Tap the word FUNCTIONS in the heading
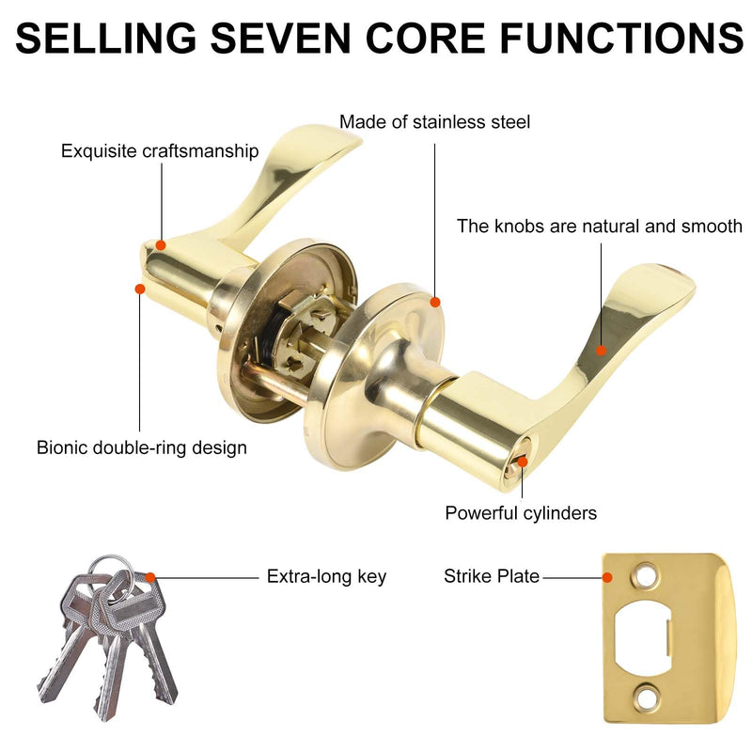coord(622,38)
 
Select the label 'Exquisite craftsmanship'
coord(160,151)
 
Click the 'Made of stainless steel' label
coord(434,122)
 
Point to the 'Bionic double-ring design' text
coord(142,447)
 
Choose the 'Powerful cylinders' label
coord(521,513)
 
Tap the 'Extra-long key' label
coord(326,576)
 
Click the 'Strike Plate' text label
coord(492,576)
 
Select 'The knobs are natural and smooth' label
coord(600,226)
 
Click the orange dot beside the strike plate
coord(607,577)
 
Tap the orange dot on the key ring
coord(150,577)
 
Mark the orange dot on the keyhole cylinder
coord(523,462)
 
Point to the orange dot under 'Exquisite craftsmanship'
coord(161,245)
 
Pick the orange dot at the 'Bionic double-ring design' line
coord(140,289)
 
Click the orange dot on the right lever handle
coord(601,351)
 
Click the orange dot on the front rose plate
coord(435,302)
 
